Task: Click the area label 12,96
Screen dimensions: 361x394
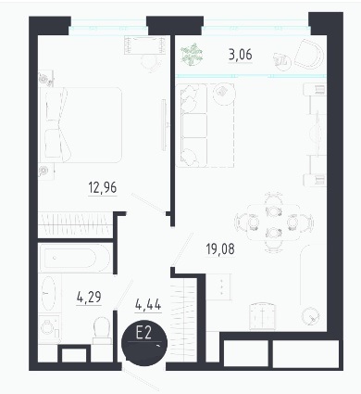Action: (103, 188)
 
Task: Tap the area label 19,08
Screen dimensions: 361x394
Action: (220, 249)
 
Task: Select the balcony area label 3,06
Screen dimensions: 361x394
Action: (241, 55)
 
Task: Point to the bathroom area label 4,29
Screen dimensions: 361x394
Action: (89, 298)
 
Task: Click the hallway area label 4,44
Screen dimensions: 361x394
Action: (148, 305)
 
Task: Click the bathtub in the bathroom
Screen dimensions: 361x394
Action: (74, 258)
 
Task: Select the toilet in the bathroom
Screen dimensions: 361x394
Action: (102, 330)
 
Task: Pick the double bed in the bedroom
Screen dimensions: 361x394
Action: (81, 125)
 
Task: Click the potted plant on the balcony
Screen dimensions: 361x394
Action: (192, 55)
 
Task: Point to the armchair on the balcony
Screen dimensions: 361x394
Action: (308, 55)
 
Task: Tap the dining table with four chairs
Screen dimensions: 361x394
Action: (274, 222)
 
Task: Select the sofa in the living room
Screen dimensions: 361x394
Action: (192, 126)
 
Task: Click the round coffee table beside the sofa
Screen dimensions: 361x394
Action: (224, 94)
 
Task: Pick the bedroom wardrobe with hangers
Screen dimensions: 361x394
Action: (75, 224)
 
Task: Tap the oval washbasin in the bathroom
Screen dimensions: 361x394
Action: (49, 294)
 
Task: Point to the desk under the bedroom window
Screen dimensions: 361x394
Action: (145, 45)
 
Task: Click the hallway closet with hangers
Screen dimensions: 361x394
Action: (184, 320)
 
